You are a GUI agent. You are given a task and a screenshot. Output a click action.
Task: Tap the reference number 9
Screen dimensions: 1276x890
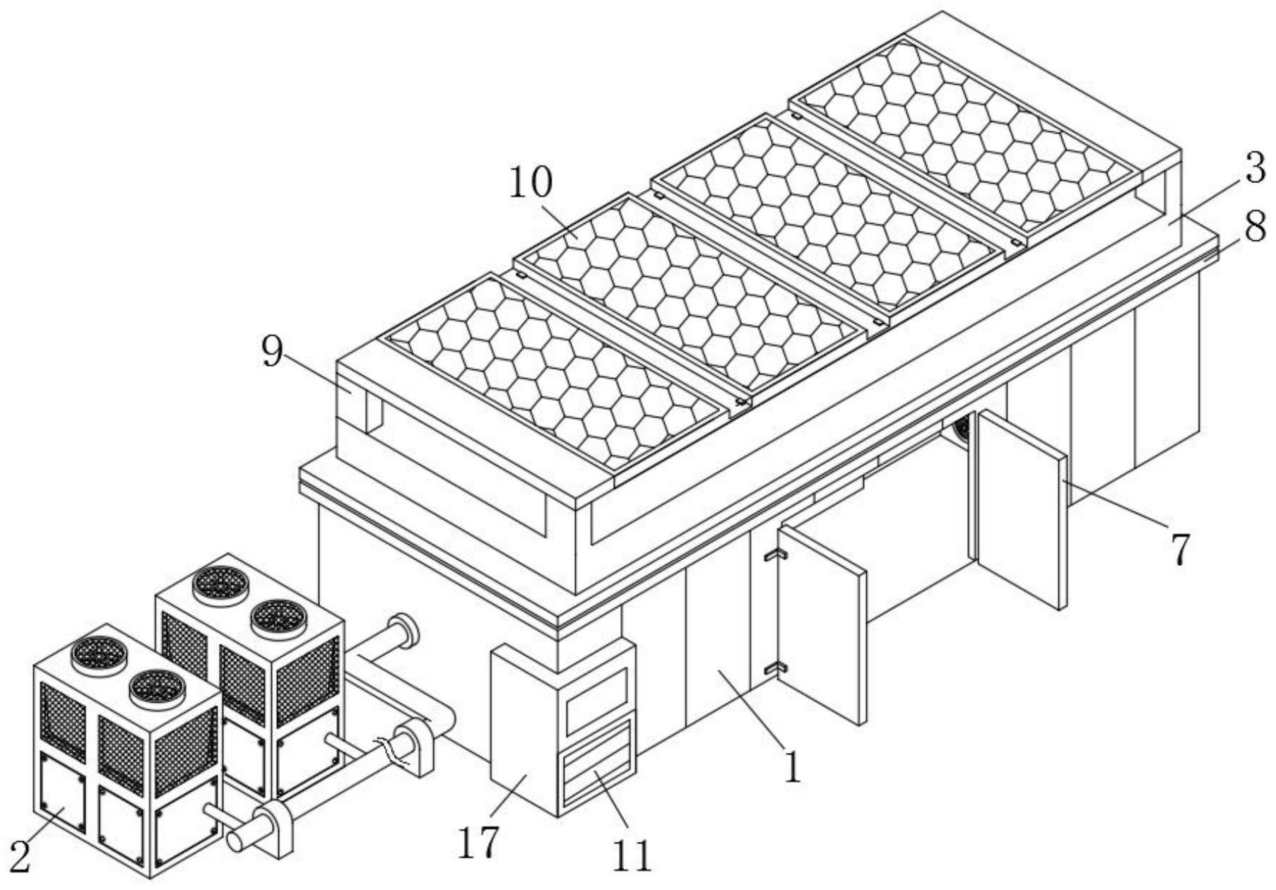(x=273, y=351)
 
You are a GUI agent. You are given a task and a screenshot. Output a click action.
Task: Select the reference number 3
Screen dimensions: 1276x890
(x=1255, y=170)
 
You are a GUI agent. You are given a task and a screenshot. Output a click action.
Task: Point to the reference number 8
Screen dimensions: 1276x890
(x=1255, y=228)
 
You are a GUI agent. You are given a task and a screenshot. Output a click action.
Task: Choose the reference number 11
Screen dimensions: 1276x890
(x=631, y=856)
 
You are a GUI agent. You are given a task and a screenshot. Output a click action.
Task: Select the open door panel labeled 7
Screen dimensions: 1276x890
(x=1021, y=510)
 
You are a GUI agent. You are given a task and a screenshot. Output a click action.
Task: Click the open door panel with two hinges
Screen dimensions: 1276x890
(x=822, y=624)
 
